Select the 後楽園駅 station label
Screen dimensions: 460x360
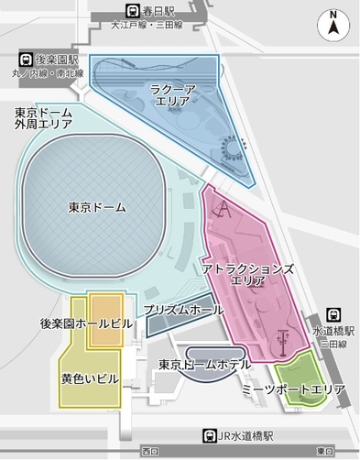coord(53,58)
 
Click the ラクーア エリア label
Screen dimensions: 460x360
coord(172,94)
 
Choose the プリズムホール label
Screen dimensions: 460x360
coord(183,311)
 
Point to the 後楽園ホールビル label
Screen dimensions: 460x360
coord(87,323)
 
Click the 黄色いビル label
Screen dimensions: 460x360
coord(90,378)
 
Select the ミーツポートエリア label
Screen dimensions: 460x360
coord(292,390)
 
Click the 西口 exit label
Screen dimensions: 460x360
coord(149,452)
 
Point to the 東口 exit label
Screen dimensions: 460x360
coord(323,452)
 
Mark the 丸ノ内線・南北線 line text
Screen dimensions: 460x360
coord(48,72)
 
